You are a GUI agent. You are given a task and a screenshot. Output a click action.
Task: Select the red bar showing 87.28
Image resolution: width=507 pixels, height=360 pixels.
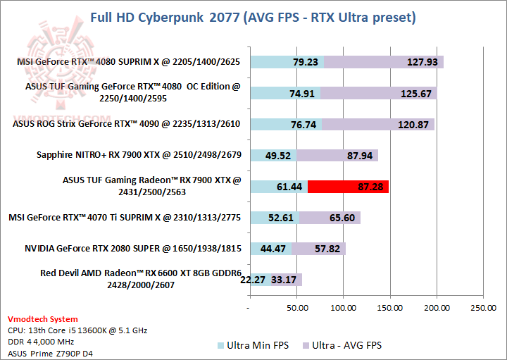tap(348, 187)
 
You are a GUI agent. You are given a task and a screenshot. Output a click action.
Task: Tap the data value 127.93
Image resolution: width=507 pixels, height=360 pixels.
tap(423, 62)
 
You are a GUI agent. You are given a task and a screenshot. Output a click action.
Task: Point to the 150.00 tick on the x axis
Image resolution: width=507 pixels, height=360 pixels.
tap(389, 307)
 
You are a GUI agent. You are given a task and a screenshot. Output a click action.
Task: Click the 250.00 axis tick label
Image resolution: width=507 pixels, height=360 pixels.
tap(482, 307)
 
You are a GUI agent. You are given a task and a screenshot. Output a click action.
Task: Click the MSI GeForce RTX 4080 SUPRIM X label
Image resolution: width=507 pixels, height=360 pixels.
tap(128, 62)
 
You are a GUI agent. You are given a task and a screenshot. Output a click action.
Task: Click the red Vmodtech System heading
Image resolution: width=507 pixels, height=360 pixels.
tap(42, 319)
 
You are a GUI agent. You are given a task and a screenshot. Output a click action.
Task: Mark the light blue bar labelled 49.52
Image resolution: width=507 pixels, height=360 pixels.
tap(273, 156)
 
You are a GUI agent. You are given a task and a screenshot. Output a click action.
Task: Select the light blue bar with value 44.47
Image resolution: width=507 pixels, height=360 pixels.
tap(270, 249)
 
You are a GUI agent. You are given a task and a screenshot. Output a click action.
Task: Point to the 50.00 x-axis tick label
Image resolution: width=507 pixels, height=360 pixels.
tap(296, 307)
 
